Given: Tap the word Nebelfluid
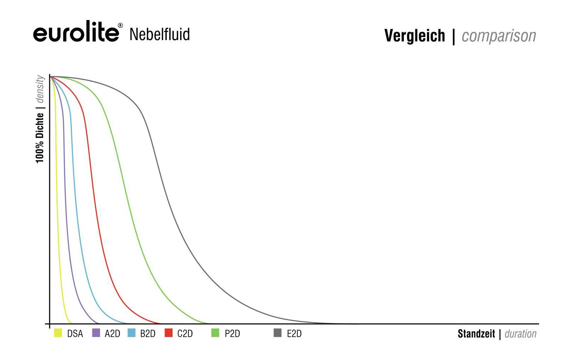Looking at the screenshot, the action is coord(159,34).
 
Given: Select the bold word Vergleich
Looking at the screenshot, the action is coord(414,36).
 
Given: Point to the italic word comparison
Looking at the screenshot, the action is coord(499,36).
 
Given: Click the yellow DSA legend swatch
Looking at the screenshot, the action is coord(58,333).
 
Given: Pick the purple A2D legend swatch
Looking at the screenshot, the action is coord(96,333).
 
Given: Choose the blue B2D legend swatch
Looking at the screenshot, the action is coord(131,333).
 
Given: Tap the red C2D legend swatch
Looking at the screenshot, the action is coord(168,333).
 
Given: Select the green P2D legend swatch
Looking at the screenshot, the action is coord(215,333).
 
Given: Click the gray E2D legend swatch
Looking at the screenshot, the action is coord(277,333).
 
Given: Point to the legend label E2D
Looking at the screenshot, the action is coord(294,334).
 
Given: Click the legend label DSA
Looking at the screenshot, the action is coord(75,334).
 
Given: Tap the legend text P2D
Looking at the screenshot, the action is coord(232,334).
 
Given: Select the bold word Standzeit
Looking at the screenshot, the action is coord(476,334).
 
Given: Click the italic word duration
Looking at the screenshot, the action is coord(521,334).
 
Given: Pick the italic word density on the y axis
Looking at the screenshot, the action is coord(40,89).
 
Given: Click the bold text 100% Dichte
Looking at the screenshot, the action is coord(40,138).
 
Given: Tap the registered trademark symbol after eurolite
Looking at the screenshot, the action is coord(120,25).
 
